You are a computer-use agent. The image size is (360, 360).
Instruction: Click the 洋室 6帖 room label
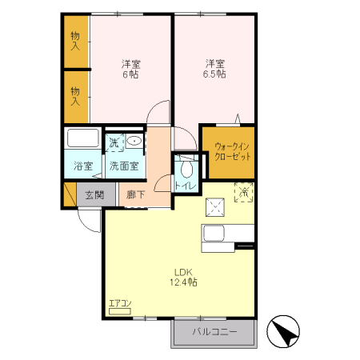(130, 69)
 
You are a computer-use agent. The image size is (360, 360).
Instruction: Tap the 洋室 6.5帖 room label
(214, 69)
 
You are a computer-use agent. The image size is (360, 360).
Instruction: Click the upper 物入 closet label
(75, 41)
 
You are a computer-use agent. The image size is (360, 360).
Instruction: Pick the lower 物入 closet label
(75, 96)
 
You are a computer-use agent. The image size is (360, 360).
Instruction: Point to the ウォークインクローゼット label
(232, 152)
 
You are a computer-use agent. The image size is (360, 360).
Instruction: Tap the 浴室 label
(83, 166)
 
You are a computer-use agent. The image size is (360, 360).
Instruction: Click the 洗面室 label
(123, 166)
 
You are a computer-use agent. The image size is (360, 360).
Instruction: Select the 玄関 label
(94, 194)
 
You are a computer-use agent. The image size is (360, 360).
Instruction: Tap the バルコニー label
(212, 332)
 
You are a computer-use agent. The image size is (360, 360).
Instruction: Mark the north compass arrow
(285, 329)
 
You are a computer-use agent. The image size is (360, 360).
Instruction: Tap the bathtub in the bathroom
(82, 139)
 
